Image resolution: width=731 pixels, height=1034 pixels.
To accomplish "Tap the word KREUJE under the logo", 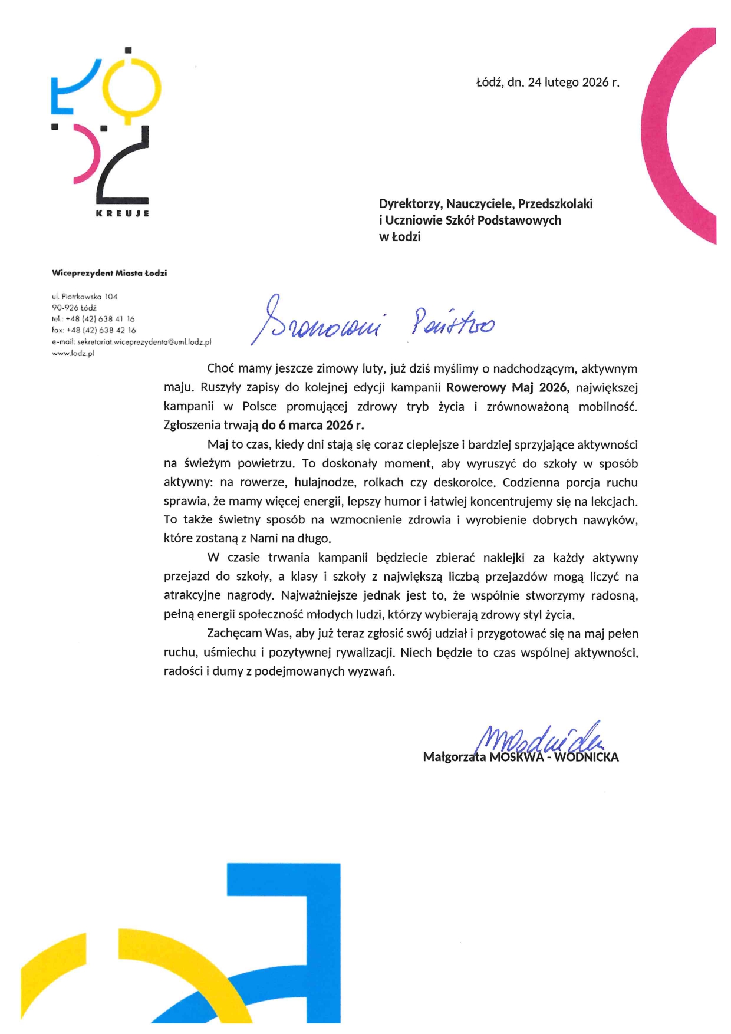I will [122, 213].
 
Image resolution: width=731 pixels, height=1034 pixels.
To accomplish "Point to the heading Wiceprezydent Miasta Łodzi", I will [109, 273].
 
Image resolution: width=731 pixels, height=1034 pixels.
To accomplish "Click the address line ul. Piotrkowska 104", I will [84, 297].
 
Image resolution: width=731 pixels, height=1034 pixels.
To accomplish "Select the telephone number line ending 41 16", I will [93, 319].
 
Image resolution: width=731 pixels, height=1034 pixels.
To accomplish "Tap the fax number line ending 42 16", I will [94, 330].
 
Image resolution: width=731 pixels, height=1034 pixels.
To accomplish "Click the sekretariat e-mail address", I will [131, 342].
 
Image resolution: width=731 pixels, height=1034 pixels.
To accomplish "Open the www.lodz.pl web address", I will [73, 354].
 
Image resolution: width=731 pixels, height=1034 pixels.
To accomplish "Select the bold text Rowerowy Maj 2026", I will [507, 388].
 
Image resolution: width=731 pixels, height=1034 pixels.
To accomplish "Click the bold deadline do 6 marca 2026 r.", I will [313, 425].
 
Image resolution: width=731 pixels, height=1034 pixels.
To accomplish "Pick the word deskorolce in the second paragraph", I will [464, 483].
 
